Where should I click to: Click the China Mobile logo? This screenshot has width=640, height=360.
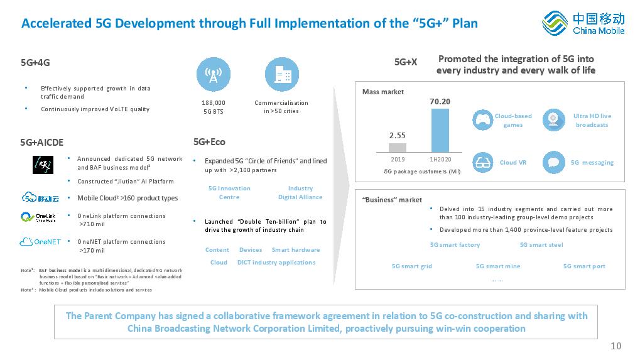click(x=583, y=23)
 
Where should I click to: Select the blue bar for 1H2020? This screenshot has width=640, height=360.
click(x=440, y=130)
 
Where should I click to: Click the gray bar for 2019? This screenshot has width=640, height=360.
click(x=397, y=148)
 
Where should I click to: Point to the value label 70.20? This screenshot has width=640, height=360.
click(x=440, y=102)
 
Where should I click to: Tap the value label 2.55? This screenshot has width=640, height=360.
click(x=397, y=136)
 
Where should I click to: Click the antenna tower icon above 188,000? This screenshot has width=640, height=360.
click(x=214, y=74)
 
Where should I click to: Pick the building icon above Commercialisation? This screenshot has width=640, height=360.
click(x=281, y=74)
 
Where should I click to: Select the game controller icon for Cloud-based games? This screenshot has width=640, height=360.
click(x=482, y=120)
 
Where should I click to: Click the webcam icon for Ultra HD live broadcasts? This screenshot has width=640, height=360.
click(x=553, y=120)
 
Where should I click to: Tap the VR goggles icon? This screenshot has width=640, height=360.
click(x=482, y=163)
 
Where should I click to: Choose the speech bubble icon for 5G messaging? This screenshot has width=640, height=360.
click(x=553, y=163)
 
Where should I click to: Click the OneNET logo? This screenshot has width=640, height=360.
click(x=40, y=242)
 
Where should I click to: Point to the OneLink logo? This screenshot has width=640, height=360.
click(x=38, y=217)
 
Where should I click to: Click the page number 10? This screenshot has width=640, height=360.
click(x=616, y=346)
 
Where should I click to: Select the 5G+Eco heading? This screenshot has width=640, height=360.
click(x=209, y=142)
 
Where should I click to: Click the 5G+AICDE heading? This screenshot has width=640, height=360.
click(x=41, y=143)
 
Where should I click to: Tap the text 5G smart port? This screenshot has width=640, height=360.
click(x=584, y=266)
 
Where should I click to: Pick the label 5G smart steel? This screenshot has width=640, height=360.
click(x=541, y=245)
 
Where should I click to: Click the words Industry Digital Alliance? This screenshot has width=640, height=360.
click(x=300, y=193)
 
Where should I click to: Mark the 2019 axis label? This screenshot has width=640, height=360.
click(x=398, y=160)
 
